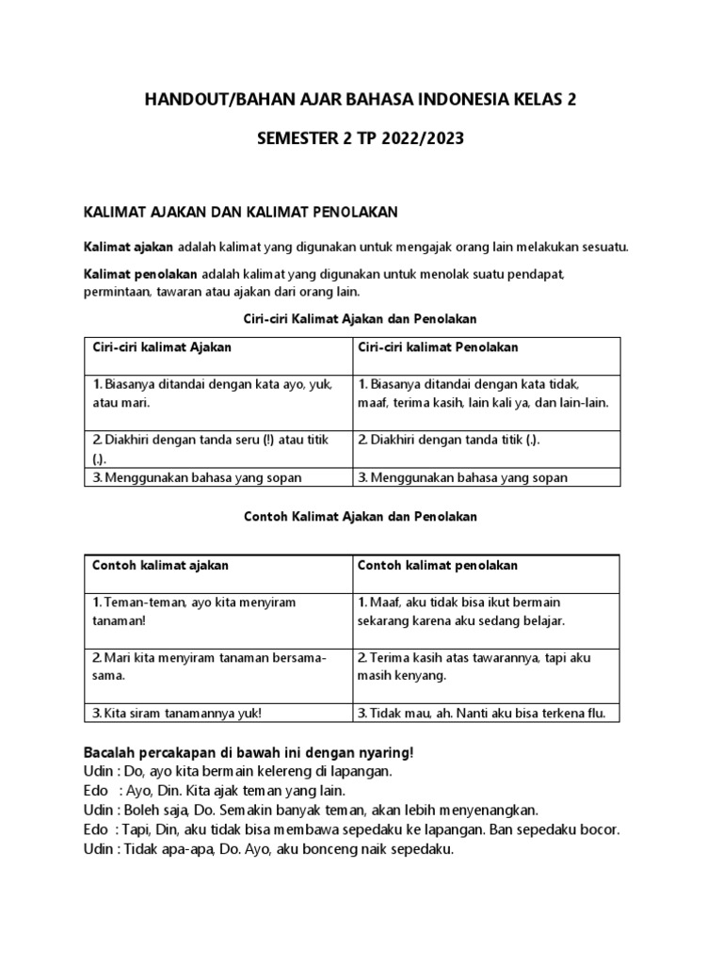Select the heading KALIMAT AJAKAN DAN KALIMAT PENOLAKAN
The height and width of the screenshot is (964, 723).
pos(248,214)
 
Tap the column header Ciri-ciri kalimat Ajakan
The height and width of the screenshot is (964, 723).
pos(162,348)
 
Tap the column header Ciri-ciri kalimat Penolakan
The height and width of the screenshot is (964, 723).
pos(437,348)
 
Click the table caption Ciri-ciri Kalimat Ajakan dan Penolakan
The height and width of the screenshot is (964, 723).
pos(361,319)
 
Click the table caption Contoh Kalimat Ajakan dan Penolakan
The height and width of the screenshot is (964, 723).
pos(361,517)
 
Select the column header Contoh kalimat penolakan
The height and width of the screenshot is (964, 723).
pos(437,565)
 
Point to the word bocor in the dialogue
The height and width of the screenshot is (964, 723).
pos(601,829)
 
